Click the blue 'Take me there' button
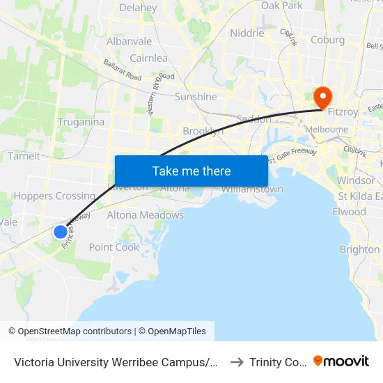pyautogui.click(x=191, y=171)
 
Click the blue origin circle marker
pyautogui.click(x=61, y=232)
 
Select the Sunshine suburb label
pyautogui.click(x=196, y=97)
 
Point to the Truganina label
pyautogui.click(x=81, y=122)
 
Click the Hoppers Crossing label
pyautogui.click(x=54, y=196)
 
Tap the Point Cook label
pyautogui.click(x=114, y=247)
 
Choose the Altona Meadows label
pyautogui.click(x=145, y=215)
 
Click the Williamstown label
pyautogui.click(x=252, y=189)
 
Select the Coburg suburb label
pyautogui.click(x=327, y=40)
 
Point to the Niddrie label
pyautogui.click(x=247, y=33)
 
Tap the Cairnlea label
pyautogui.click(x=148, y=58)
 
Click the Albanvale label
pyautogui.click(x=129, y=41)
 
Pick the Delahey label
pyautogui.click(x=138, y=8)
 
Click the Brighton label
pyautogui.click(x=359, y=249)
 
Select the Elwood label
pyautogui.click(x=349, y=212)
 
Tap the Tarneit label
pyautogui.click(x=24, y=156)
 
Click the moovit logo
pyautogui.click(x=341, y=361)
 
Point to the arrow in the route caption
pyautogui.click(x=237, y=361)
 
